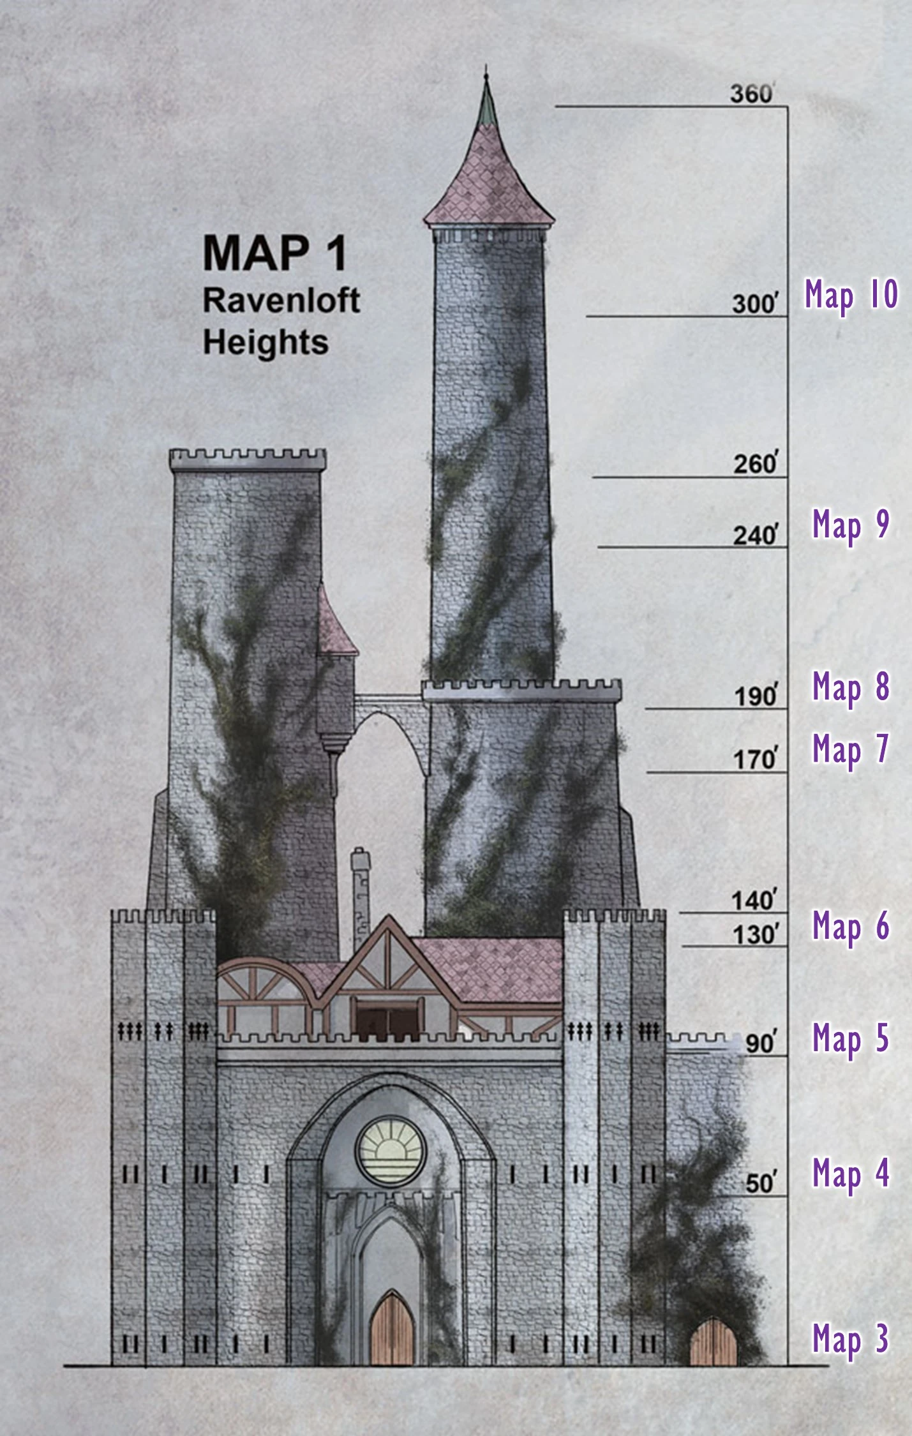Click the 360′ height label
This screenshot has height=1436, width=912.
(752, 94)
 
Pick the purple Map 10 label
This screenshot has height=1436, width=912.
(851, 295)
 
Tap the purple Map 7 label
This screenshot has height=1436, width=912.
(850, 749)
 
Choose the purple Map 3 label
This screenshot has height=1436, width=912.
(850, 1338)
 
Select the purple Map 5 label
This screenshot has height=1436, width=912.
(850, 1038)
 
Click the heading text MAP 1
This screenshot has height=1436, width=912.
(275, 254)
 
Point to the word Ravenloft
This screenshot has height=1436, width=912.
(281, 301)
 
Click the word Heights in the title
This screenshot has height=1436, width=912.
(265, 342)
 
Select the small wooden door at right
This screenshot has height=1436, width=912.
(714, 1342)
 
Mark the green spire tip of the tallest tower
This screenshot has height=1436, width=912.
(487, 102)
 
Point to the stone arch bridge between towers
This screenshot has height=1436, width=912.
(389, 708)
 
